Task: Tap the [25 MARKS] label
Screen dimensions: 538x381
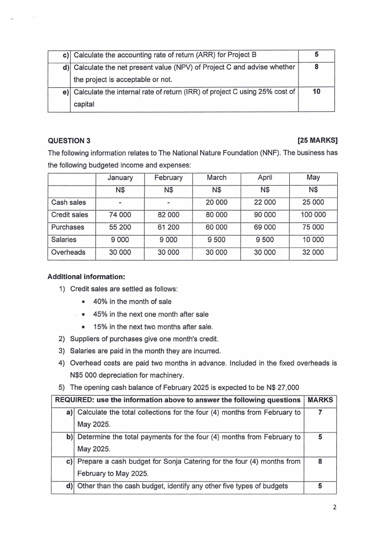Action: tap(317, 140)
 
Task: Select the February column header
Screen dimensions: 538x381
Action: tap(168, 177)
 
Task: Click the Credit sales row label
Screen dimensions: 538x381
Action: tap(70, 215)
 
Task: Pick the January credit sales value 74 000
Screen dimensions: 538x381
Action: tap(120, 215)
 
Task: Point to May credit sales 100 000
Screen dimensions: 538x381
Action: tap(313, 215)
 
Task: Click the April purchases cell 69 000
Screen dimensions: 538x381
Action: tap(264, 227)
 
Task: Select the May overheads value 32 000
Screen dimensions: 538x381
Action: tap(313, 252)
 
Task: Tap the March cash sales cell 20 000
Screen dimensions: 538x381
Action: tap(216, 202)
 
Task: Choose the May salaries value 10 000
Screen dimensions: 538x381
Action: tap(313, 240)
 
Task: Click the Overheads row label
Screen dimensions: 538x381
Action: tap(68, 252)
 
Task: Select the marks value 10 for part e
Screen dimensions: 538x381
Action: tap(316, 92)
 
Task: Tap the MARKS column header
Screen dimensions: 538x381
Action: tap(320, 400)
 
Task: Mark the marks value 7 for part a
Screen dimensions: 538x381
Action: tap(320, 412)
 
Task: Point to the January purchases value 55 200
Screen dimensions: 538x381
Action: tap(120, 227)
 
